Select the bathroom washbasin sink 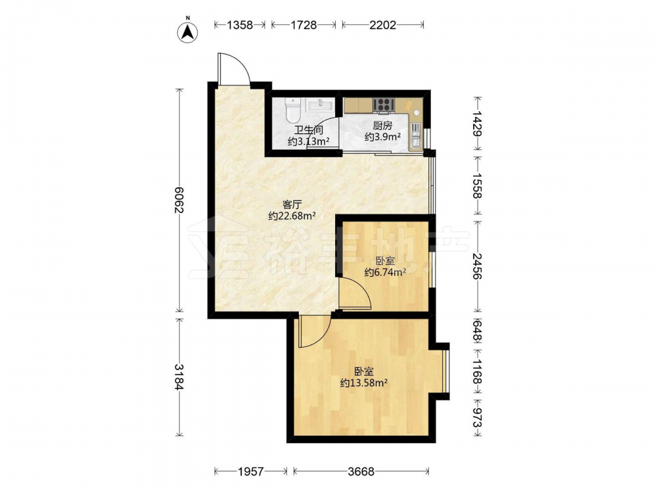click(x=320, y=104)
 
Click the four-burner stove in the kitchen click(x=384, y=105)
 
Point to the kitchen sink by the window click(x=416, y=135)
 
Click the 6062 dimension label click(x=180, y=200)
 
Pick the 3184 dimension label click(x=180, y=377)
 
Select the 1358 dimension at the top click(x=240, y=25)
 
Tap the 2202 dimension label click(x=382, y=25)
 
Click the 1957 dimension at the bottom click(x=250, y=471)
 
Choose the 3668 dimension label click(x=361, y=471)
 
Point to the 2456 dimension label click(x=477, y=266)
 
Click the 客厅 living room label click(x=292, y=204)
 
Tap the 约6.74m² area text click(x=385, y=273)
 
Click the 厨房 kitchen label click(x=382, y=126)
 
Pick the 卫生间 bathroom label click(x=308, y=130)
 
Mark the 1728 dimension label click(x=304, y=25)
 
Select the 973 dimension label click(x=477, y=418)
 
